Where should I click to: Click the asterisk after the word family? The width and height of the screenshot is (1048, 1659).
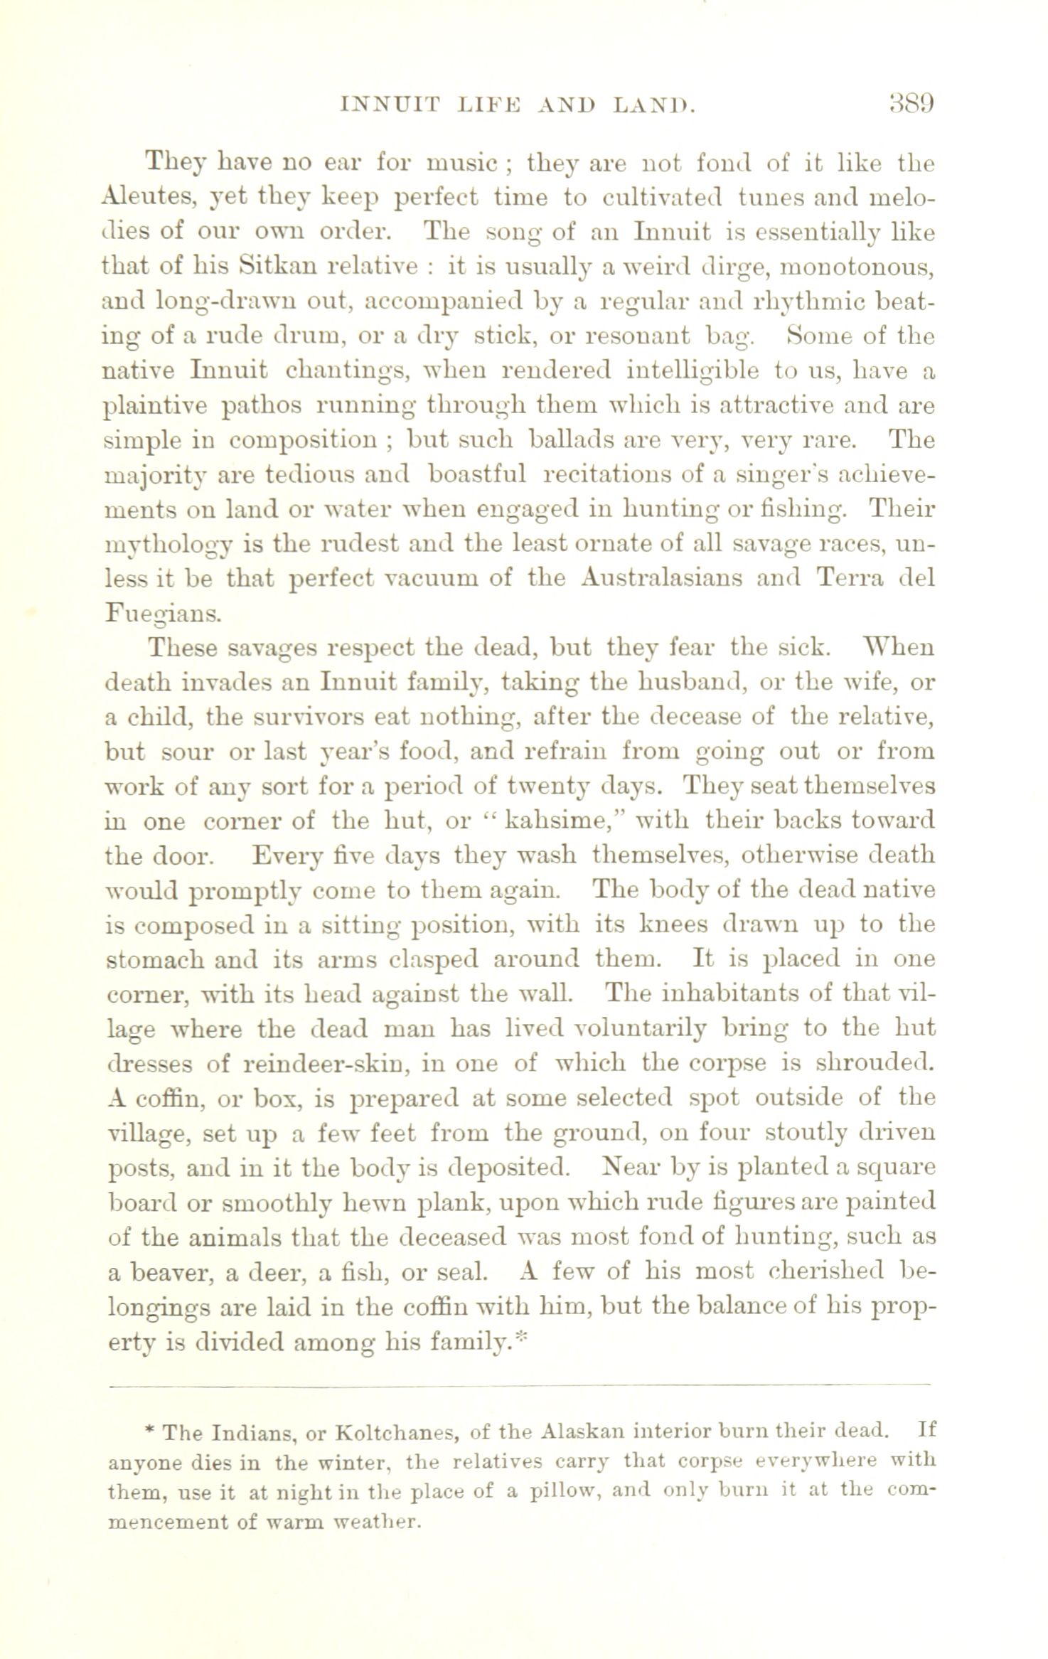pos(519,1338)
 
